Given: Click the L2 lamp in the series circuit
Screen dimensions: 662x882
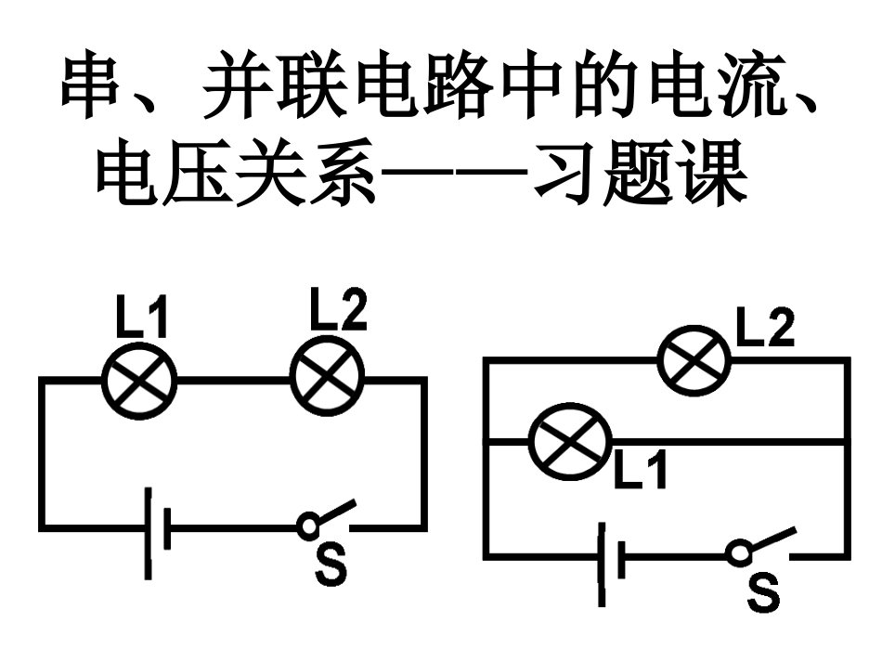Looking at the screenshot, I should pyautogui.click(x=328, y=379).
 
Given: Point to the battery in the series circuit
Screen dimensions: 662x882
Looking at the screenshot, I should pyautogui.click(x=156, y=529).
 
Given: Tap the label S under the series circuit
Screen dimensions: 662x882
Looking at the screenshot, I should pyautogui.click(x=330, y=565).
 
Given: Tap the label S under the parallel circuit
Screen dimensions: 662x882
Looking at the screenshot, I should pyautogui.click(x=763, y=591).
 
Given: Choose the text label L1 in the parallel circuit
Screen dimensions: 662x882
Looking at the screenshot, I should pyautogui.click(x=641, y=470).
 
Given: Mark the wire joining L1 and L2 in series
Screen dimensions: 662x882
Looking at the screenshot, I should pyautogui.click(x=232, y=379).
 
